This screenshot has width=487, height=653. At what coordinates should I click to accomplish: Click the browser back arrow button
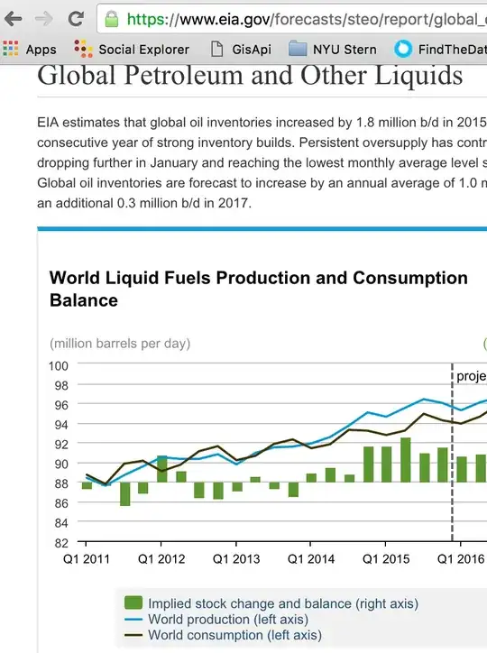coord(13,18)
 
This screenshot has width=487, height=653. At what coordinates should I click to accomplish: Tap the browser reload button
coord(77,18)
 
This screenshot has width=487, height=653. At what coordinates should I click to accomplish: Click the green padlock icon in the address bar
coord(111,18)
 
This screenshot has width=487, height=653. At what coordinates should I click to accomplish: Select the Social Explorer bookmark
coord(133,49)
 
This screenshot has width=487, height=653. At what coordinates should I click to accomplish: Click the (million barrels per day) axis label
coord(120,343)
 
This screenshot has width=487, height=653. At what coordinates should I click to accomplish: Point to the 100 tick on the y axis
coord(59,365)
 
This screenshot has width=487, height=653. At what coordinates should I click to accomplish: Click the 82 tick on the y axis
coord(61,543)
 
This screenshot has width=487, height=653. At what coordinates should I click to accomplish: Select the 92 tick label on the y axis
coord(61,444)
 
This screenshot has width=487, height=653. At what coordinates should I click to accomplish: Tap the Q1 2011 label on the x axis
coord(87,559)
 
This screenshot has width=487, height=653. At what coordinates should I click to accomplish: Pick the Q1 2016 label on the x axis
coord(459,559)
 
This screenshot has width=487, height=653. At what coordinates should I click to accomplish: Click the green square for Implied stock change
coord(133,603)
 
